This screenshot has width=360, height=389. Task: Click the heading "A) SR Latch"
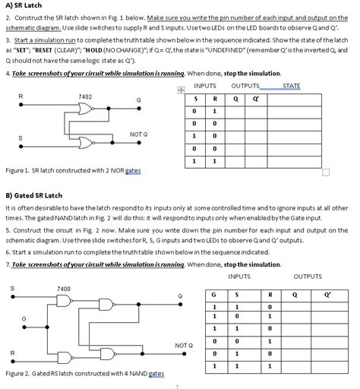click(23, 5)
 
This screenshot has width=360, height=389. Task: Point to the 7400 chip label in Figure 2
click(64, 289)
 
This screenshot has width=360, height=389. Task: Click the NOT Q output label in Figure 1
click(139, 134)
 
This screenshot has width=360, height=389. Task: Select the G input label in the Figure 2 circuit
click(24, 318)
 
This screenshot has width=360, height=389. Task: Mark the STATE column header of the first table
click(291, 86)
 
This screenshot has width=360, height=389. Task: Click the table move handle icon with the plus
click(181, 90)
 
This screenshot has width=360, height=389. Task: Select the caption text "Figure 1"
click(18, 171)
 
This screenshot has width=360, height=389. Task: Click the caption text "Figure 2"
click(18, 375)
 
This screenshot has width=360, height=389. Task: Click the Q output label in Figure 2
click(180, 296)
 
